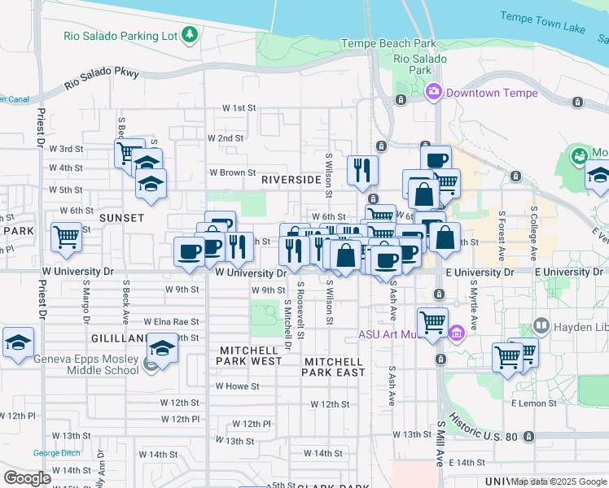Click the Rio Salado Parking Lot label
pyautogui.click(x=120, y=36)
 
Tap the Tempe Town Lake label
pyautogui.click(x=542, y=22)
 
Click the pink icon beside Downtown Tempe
pyautogui.click(x=432, y=93)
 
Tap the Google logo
pyautogui.click(x=28, y=477)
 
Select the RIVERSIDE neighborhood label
pyautogui.click(x=290, y=179)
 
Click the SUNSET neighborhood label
pyautogui.click(x=121, y=218)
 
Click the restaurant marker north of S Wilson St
pyautogui.click(x=361, y=169)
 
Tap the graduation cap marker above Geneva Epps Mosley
pyautogui.click(x=162, y=350)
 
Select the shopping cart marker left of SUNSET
pyautogui.click(x=66, y=237)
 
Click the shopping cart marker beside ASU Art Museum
pyautogui.click(x=432, y=322)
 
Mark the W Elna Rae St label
pyautogui.click(x=171, y=322)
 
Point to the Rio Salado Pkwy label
pyautogui.click(x=102, y=79)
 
